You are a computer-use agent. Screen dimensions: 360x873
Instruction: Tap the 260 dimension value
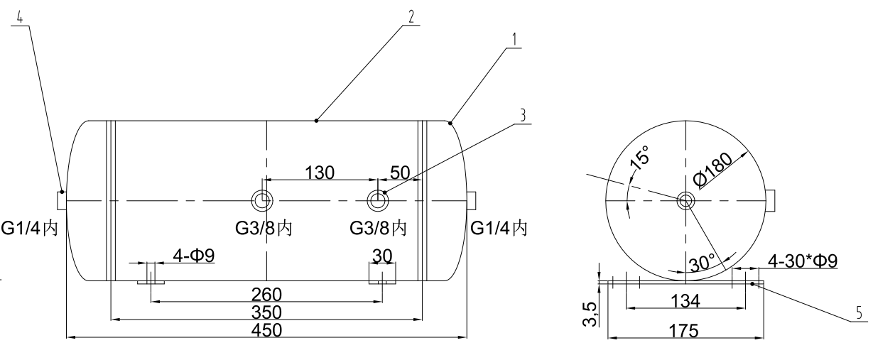click(267, 294)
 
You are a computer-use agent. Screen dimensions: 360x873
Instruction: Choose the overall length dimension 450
click(267, 330)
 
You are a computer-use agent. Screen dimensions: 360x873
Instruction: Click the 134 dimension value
click(684, 301)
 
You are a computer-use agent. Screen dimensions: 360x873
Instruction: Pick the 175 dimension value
click(684, 331)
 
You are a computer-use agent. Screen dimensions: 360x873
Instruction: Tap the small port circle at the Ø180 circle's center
click(686, 201)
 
